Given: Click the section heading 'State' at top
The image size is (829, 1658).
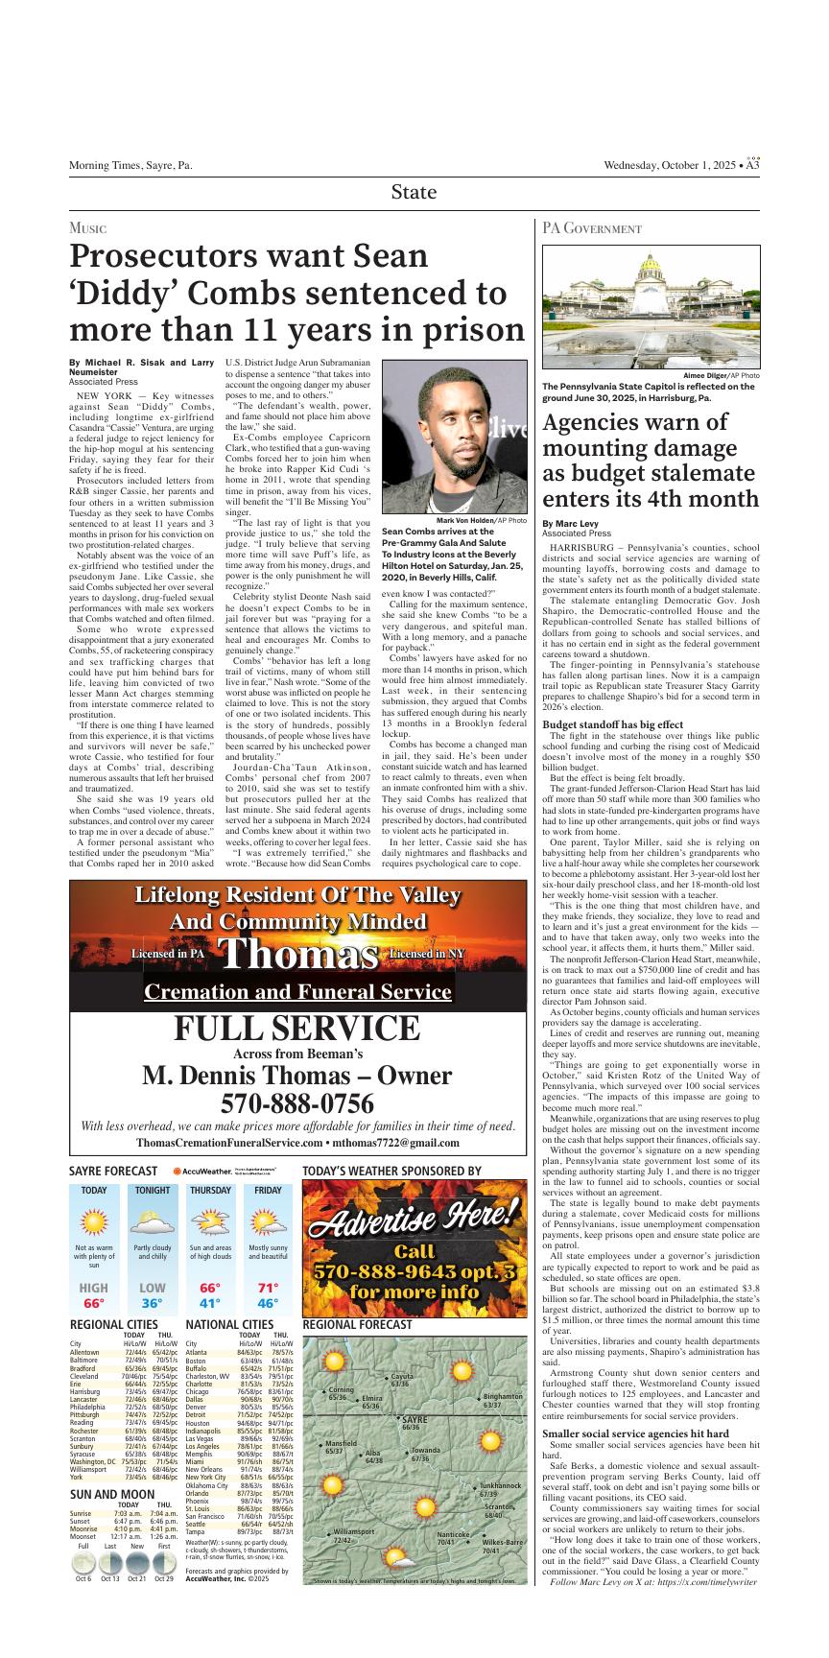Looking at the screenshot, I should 414,192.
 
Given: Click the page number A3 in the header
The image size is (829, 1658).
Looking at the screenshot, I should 753,166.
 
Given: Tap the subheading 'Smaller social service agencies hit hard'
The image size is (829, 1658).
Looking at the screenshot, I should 636,1407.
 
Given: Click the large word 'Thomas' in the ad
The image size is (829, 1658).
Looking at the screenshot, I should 297,954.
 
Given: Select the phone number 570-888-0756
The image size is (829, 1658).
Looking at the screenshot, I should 297,1104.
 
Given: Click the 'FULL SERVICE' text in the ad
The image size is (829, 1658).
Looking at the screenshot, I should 297,1029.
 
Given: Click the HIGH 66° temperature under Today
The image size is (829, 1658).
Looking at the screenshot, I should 94,1295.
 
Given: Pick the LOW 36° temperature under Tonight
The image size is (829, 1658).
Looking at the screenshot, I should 152,1295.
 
